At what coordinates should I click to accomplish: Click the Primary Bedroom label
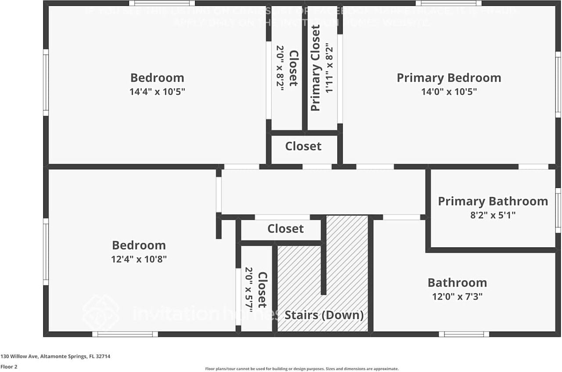tap(449, 78)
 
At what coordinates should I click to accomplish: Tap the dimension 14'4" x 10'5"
tap(157, 92)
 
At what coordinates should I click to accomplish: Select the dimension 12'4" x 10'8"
tap(139, 259)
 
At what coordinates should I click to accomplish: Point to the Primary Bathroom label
tap(493, 201)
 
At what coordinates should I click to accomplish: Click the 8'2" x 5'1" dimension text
tap(493, 215)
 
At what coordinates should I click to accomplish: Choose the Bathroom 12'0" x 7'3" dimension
tap(457, 296)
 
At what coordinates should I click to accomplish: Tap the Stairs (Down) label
tap(324, 315)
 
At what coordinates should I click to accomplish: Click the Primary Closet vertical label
tap(316, 68)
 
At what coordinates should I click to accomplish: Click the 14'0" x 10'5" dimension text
tap(449, 92)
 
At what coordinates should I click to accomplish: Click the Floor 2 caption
tap(9, 366)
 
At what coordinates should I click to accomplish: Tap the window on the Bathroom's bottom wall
tap(464, 334)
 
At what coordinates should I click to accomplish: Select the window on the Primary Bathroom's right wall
tap(558, 210)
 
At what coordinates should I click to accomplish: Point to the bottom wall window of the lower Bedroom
tap(125, 334)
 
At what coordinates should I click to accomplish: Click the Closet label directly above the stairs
tap(285, 229)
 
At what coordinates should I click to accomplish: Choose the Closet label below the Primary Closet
tap(303, 146)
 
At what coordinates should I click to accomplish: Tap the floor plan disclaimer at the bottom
tap(302, 369)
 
